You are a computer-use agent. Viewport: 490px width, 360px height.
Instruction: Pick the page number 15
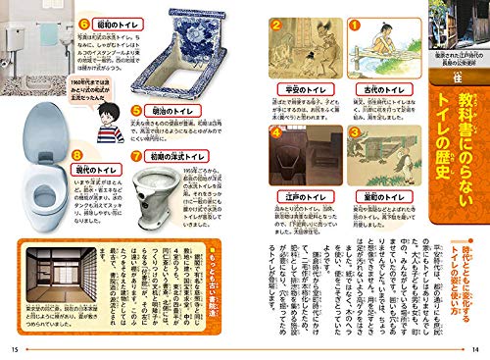click(13, 347)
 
